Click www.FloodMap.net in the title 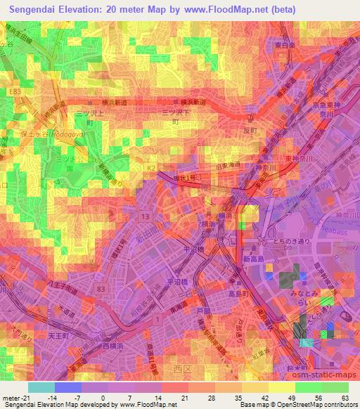click(225, 10)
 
